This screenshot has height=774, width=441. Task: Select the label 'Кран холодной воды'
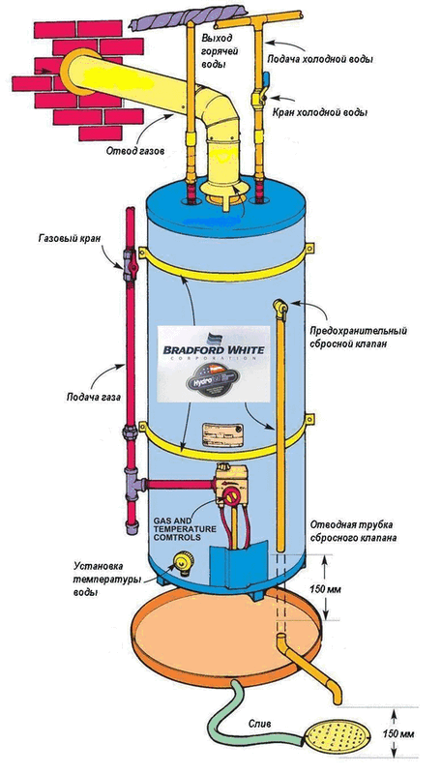pyautogui.click(x=320, y=112)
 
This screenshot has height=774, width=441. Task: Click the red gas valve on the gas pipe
pyautogui.click(x=130, y=259)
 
